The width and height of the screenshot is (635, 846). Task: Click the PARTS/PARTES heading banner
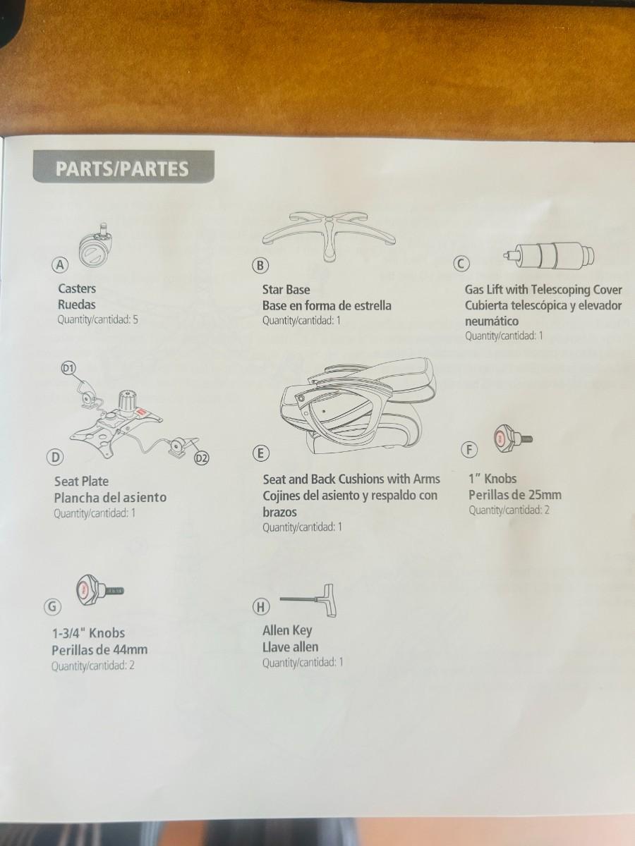[123, 167]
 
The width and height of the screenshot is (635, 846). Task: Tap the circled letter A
[60, 265]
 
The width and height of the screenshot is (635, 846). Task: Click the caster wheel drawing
[97, 245]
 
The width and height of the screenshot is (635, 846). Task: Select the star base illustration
[329, 236]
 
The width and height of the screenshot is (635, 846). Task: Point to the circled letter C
[461, 264]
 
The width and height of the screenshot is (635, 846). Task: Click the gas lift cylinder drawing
[549, 255]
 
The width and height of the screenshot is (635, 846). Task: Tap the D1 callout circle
[68, 369]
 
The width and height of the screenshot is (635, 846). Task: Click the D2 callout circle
[201, 458]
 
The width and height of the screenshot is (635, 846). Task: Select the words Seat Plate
[81, 481]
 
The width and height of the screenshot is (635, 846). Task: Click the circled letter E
[260, 453]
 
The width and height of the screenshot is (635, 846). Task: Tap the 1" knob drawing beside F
[513, 439]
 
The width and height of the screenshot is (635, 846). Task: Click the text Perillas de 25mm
[515, 495]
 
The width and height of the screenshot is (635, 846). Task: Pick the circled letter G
[52, 606]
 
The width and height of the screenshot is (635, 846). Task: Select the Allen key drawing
[308, 600]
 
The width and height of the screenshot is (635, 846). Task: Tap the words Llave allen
[290, 647]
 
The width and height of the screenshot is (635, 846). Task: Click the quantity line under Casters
[97, 319]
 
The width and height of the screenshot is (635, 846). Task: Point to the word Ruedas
[77, 305]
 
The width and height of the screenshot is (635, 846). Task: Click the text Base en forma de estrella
[327, 306]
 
